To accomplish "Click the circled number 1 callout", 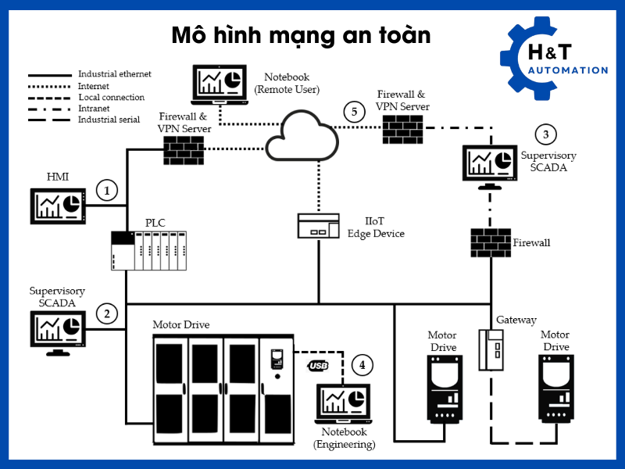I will point(107,190).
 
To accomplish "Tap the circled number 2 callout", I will point(107,313).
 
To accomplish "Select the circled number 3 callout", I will point(545,134).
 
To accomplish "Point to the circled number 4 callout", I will point(361,364).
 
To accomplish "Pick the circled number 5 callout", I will point(355,112).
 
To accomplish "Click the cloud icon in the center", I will point(302,137).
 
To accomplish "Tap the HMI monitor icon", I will point(56,205).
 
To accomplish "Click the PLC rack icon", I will point(148,251).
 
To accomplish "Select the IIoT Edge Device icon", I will point(319,226).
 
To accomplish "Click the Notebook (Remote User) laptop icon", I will point(217,85).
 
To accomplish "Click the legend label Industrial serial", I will point(109,120).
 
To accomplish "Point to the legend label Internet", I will point(93,86).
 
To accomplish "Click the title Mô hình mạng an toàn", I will point(302,36).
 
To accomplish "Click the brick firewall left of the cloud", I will point(184,149).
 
